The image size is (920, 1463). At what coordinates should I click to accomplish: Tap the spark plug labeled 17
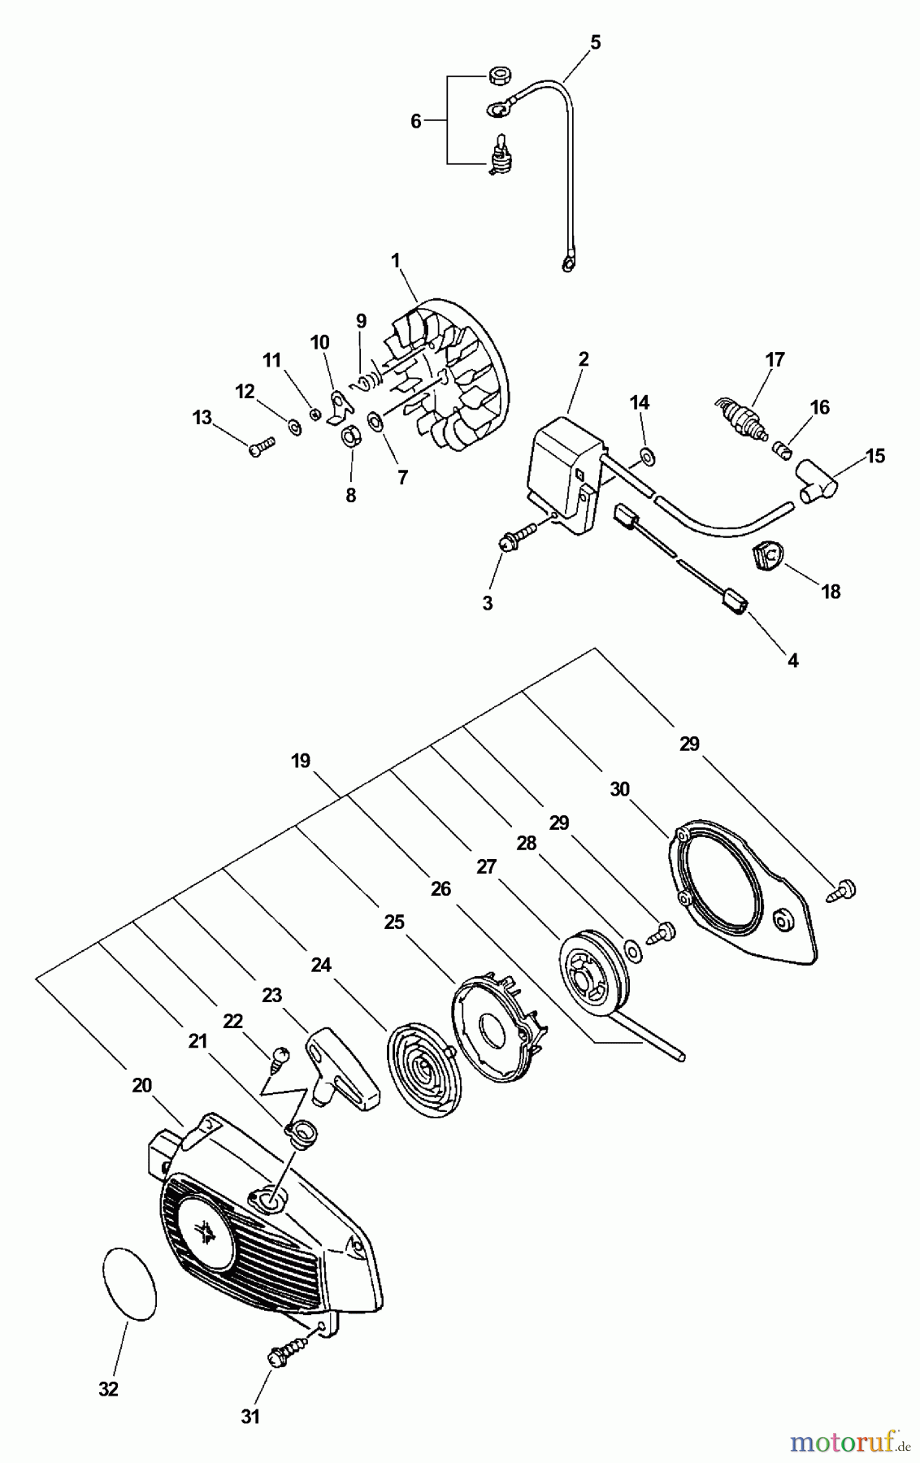tap(740, 419)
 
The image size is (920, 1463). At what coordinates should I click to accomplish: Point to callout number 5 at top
tap(596, 43)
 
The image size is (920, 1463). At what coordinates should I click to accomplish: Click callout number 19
tap(301, 761)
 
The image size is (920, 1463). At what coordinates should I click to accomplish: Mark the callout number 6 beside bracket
tap(415, 121)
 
